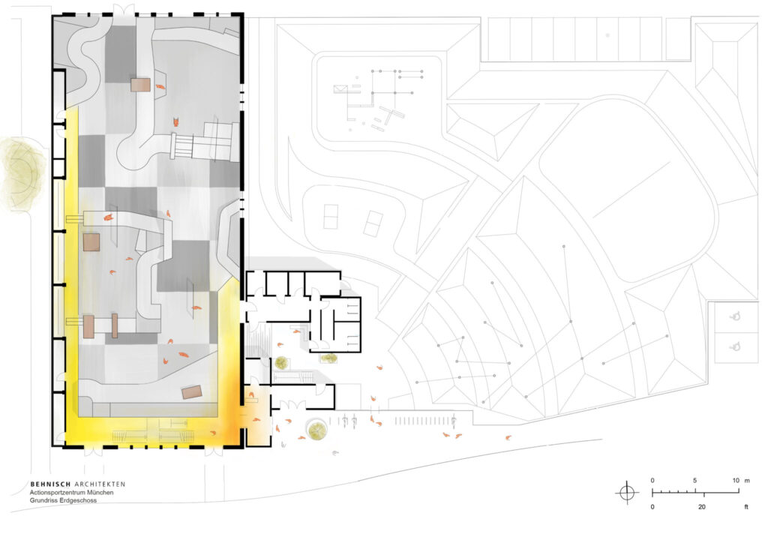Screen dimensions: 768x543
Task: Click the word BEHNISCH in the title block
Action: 50,484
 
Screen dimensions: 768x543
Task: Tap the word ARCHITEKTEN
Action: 100,484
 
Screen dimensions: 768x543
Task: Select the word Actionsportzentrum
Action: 57,492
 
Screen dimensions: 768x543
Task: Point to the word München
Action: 100,492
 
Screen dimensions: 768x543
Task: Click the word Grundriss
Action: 43,500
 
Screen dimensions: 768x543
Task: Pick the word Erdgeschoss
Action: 78,500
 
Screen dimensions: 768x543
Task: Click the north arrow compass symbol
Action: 627,492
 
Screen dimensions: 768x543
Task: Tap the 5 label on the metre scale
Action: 694,480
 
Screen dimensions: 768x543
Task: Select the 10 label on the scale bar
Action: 736,480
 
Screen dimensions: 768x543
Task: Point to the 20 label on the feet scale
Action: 702,507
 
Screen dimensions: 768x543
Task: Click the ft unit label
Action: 746,507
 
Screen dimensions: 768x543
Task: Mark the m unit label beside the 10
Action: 747,481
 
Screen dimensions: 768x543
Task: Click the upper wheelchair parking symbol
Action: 734,316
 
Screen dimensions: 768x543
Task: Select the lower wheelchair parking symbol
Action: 734,347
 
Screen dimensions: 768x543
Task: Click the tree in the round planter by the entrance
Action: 317,430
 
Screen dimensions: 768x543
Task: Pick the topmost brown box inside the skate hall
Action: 140,84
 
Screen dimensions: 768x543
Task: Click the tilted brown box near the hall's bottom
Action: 192,392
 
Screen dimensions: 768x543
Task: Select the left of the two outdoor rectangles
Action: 331,216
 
